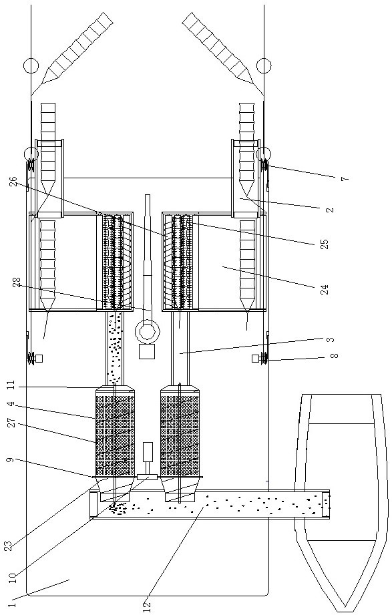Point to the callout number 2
click(x=331, y=209)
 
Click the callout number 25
click(x=324, y=244)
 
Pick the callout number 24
click(x=325, y=289)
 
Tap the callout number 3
click(x=331, y=339)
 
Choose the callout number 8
click(x=335, y=355)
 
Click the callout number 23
click(x=9, y=545)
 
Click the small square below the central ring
click(x=147, y=351)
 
